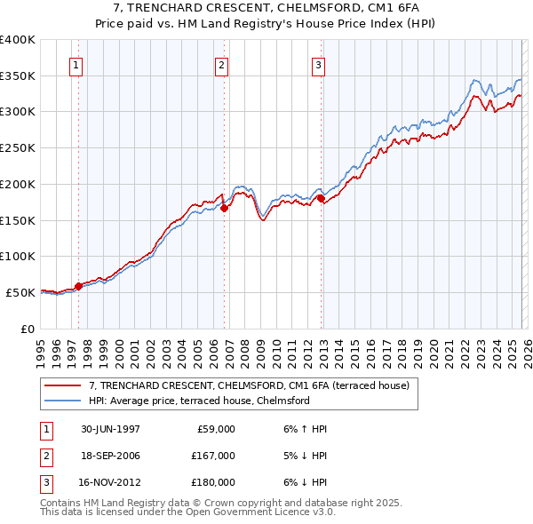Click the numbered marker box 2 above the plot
tap(221, 64)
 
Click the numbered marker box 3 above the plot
tap(318, 64)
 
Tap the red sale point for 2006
tap(225, 208)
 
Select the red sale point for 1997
tap(79, 286)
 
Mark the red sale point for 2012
tap(321, 199)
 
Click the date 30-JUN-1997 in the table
tap(110, 429)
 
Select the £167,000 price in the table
tap(213, 456)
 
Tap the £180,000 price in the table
tap(213, 482)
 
